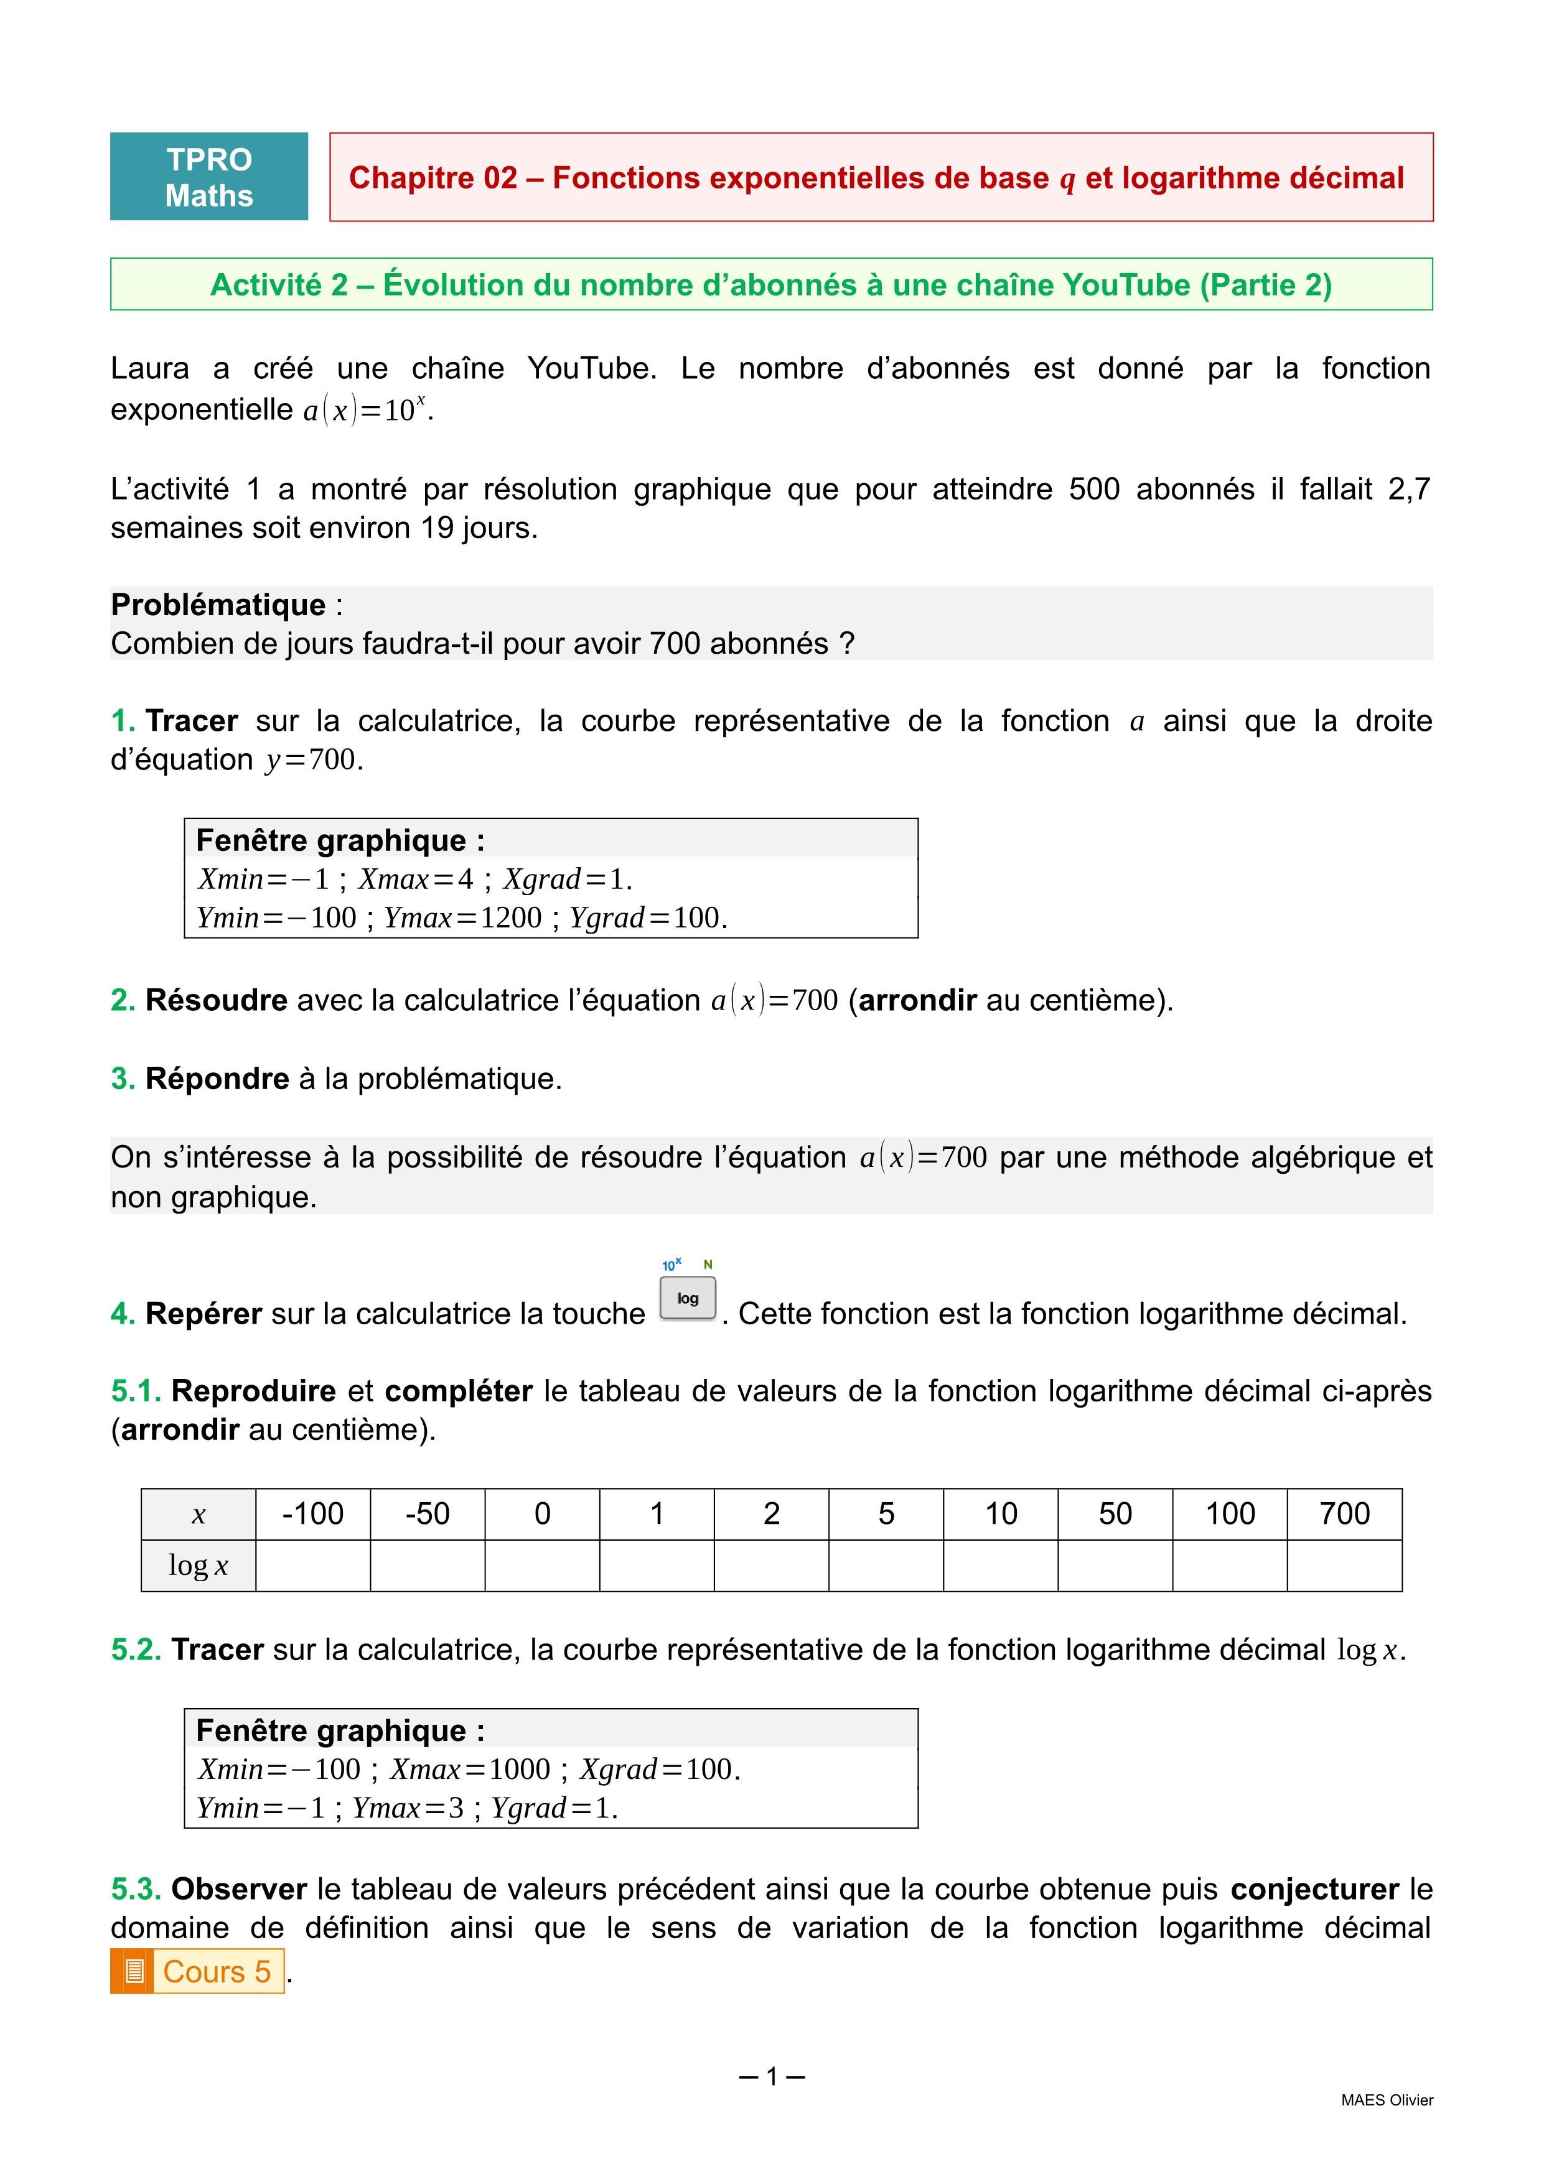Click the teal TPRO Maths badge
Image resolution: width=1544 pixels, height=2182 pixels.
[209, 177]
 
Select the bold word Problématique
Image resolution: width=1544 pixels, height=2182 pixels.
[218, 605]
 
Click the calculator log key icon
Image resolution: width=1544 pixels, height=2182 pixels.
[688, 1298]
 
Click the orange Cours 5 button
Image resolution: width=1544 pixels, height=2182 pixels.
[198, 1971]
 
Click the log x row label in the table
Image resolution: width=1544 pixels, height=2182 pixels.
[198, 1565]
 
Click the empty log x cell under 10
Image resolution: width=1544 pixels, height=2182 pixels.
[1000, 1565]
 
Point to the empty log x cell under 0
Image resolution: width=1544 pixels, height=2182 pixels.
[542, 1565]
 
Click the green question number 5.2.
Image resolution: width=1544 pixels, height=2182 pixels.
[136, 1650]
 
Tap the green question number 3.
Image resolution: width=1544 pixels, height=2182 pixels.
[123, 1079]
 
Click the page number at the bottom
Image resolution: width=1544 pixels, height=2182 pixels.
[771, 2076]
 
